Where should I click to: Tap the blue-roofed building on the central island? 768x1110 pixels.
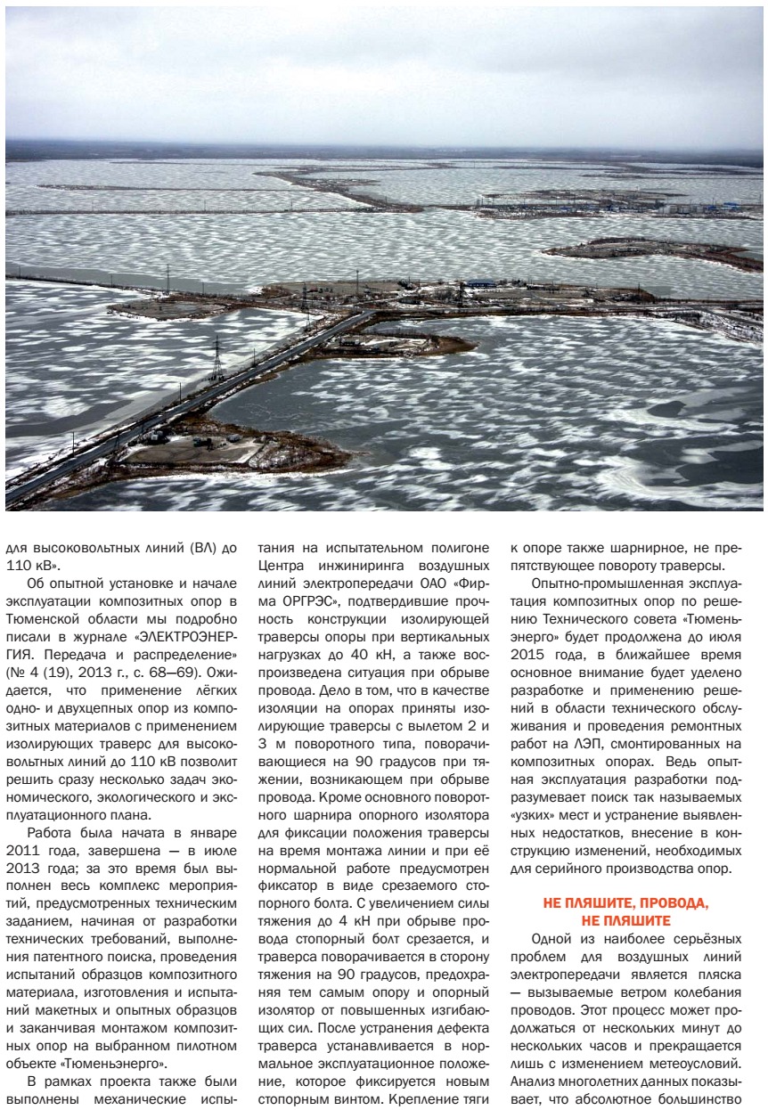[481, 283]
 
